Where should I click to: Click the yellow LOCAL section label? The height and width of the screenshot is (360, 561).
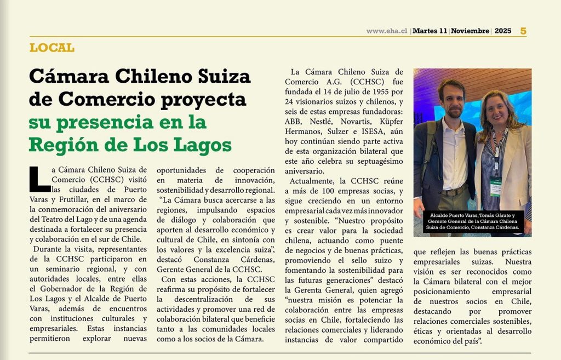pyautogui.click(x=52, y=48)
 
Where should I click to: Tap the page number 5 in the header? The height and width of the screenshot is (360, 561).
pyautogui.click(x=523, y=31)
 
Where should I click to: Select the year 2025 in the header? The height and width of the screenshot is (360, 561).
pyautogui.click(x=502, y=31)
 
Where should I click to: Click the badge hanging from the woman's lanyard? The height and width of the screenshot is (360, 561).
pyautogui.click(x=496, y=186)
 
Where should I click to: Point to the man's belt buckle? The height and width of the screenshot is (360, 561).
pyautogui.click(x=453, y=192)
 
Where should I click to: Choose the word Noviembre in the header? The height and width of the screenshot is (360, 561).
pyautogui.click(x=470, y=31)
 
